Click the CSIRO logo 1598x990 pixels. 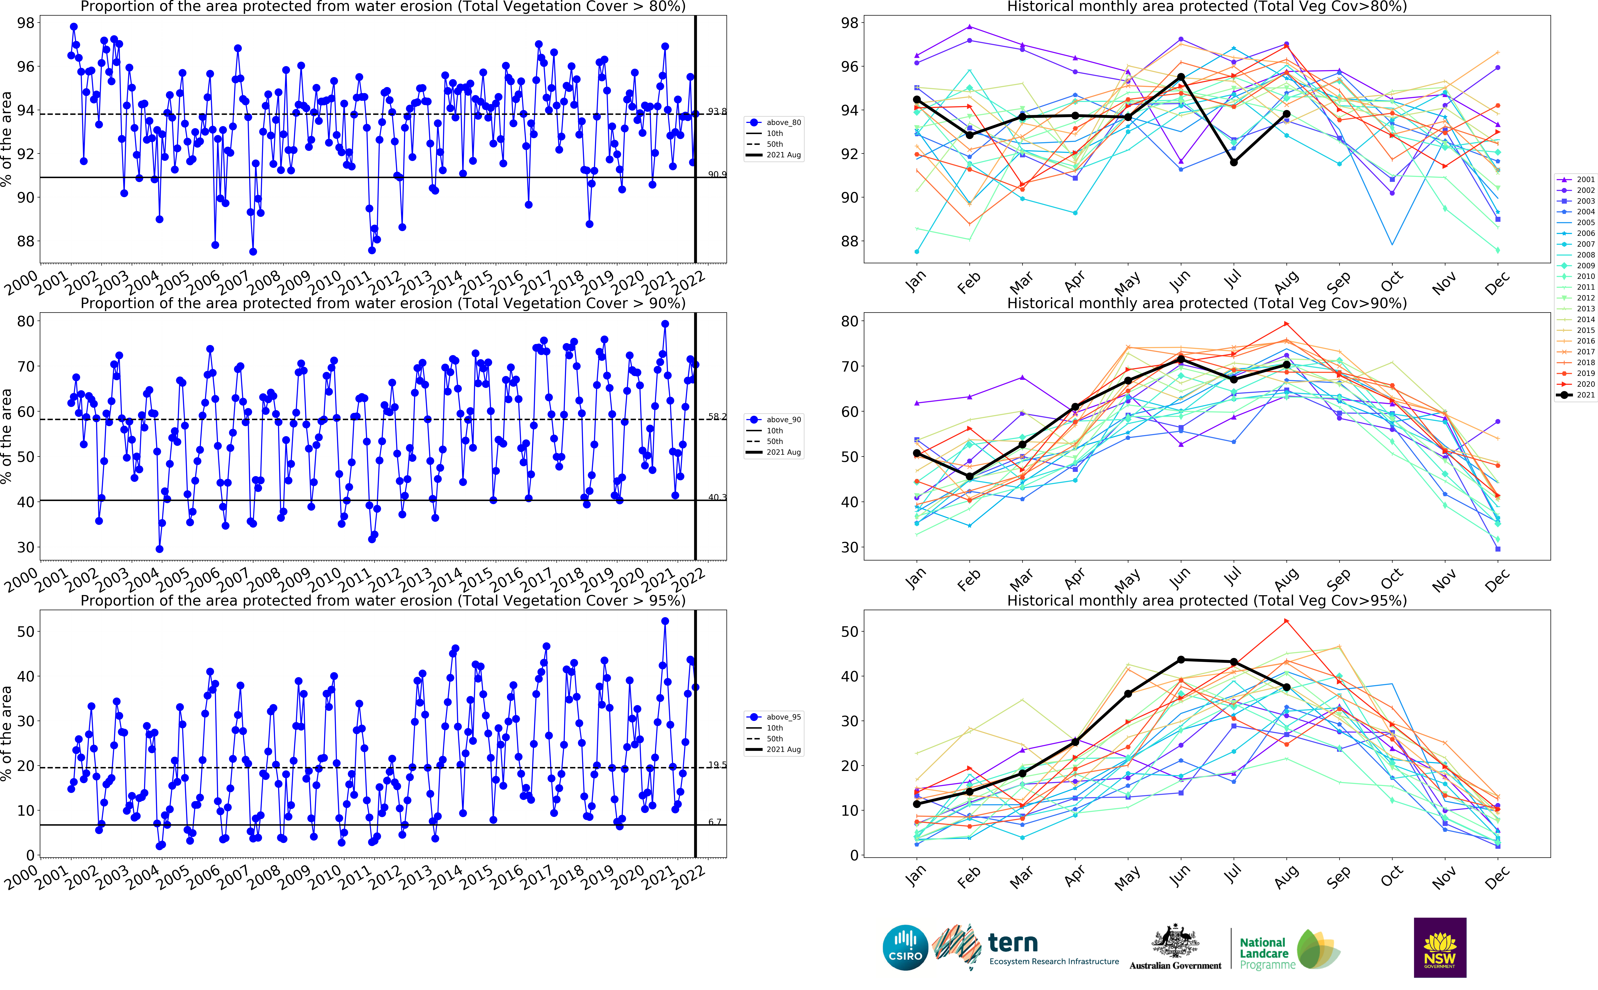click(905, 947)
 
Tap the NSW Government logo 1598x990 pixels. click(1440, 947)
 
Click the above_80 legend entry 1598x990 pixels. click(775, 122)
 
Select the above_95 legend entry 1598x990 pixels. click(775, 717)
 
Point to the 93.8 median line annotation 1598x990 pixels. click(717, 111)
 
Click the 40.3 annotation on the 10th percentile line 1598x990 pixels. click(717, 498)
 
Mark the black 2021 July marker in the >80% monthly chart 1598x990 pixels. click(1233, 162)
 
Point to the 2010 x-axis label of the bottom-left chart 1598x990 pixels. click(325, 877)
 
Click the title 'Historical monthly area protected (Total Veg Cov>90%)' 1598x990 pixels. click(1206, 303)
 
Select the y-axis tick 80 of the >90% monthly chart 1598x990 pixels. click(849, 322)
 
